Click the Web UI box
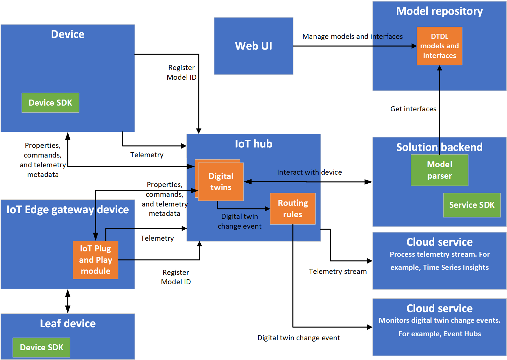point(253,46)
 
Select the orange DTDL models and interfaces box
point(439,46)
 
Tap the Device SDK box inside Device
point(50,103)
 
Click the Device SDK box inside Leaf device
point(41,347)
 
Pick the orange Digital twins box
point(220,181)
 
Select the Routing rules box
point(293,208)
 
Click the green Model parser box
point(439,170)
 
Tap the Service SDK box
point(471,205)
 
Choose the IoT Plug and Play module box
point(96,260)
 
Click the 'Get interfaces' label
point(413,109)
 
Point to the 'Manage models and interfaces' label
point(352,37)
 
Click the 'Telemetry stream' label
point(337,272)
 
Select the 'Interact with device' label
point(309,172)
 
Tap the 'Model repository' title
point(439,11)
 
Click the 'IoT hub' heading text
point(253,144)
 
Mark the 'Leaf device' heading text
point(68,323)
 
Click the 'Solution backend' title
point(439,147)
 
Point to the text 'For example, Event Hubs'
point(439,334)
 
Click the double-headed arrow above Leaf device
point(68,301)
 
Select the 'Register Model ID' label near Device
point(181,72)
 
